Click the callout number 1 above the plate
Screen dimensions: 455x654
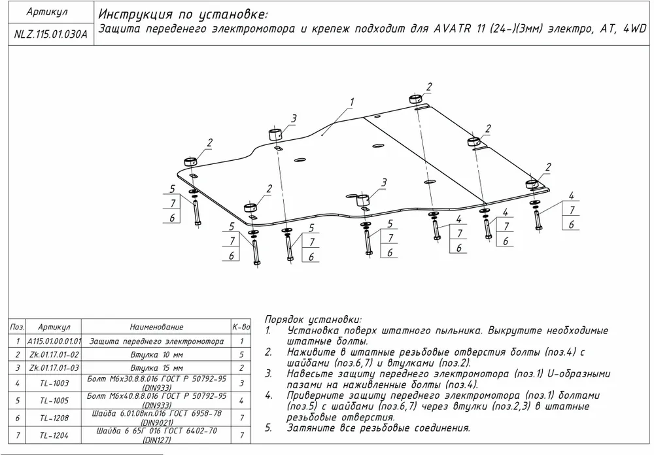tap(351, 103)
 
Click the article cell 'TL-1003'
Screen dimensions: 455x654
tap(54, 382)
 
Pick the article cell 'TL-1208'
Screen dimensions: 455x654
tap(54, 416)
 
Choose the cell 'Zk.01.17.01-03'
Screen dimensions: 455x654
tap(54, 367)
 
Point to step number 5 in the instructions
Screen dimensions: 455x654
tap(268, 428)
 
